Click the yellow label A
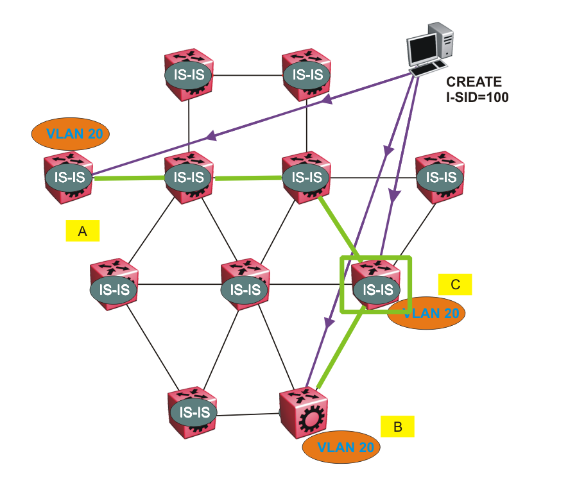82,231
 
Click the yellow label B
397,427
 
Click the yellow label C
455,284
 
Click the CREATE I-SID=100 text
478,90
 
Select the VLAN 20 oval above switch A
69,134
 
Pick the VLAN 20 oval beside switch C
426,314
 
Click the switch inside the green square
376,287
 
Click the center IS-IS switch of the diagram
245,287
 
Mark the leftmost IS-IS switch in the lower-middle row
114,287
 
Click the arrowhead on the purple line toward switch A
210,136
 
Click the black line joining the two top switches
248,75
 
